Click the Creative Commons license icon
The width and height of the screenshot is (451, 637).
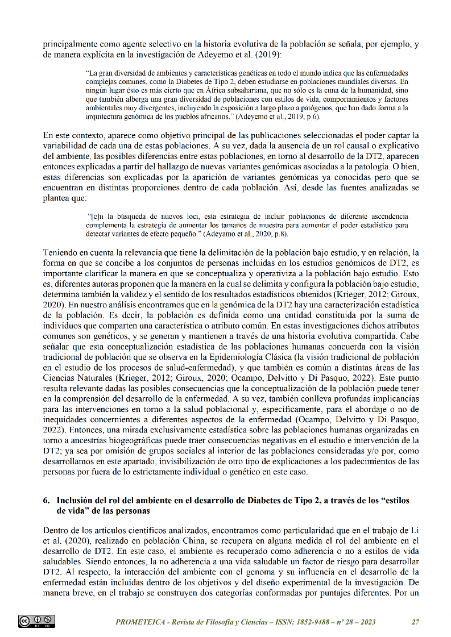pyautogui.click(x=36, y=621)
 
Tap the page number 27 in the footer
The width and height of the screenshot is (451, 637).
pyautogui.click(x=415, y=622)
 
